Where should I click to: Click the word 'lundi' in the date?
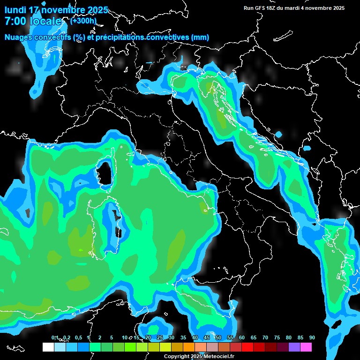point(15,10)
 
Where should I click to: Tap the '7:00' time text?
point(15,21)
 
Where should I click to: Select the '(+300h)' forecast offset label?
point(83,21)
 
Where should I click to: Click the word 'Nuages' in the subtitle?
point(18,37)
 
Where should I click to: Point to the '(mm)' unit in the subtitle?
point(200,37)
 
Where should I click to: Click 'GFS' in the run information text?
point(263,8)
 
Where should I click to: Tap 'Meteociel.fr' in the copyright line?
point(219,356)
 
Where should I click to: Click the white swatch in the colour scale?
point(48,347)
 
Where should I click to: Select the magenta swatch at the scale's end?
point(306,347)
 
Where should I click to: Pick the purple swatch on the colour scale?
point(294,347)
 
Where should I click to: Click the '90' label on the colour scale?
point(312,337)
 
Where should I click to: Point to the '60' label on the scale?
point(241,337)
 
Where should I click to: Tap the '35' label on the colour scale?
point(171,337)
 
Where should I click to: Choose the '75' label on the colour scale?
point(277,337)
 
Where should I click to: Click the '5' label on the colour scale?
point(112,337)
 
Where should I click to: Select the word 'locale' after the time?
point(45,21)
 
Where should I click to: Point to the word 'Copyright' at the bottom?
point(177,356)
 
